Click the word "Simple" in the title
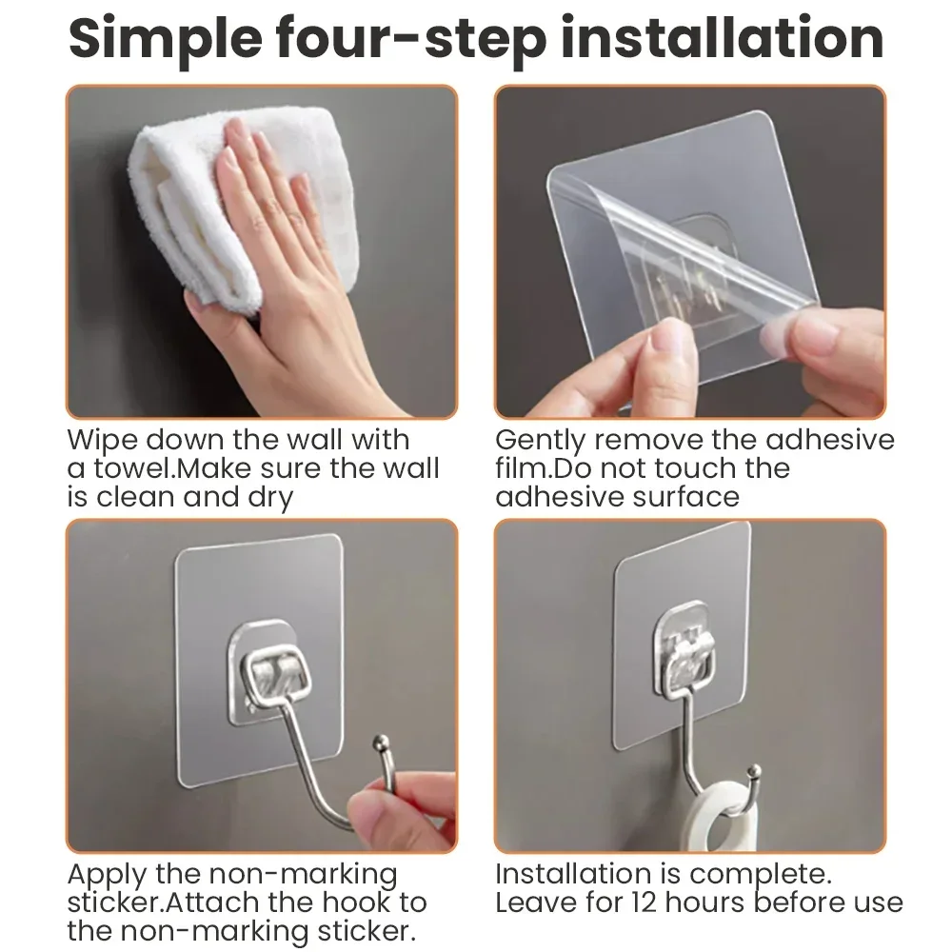[x=165, y=39]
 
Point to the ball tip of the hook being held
[x=381, y=742]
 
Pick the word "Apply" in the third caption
[x=107, y=876]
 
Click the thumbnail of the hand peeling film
[x=689, y=252]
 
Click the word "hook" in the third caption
[x=356, y=902]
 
